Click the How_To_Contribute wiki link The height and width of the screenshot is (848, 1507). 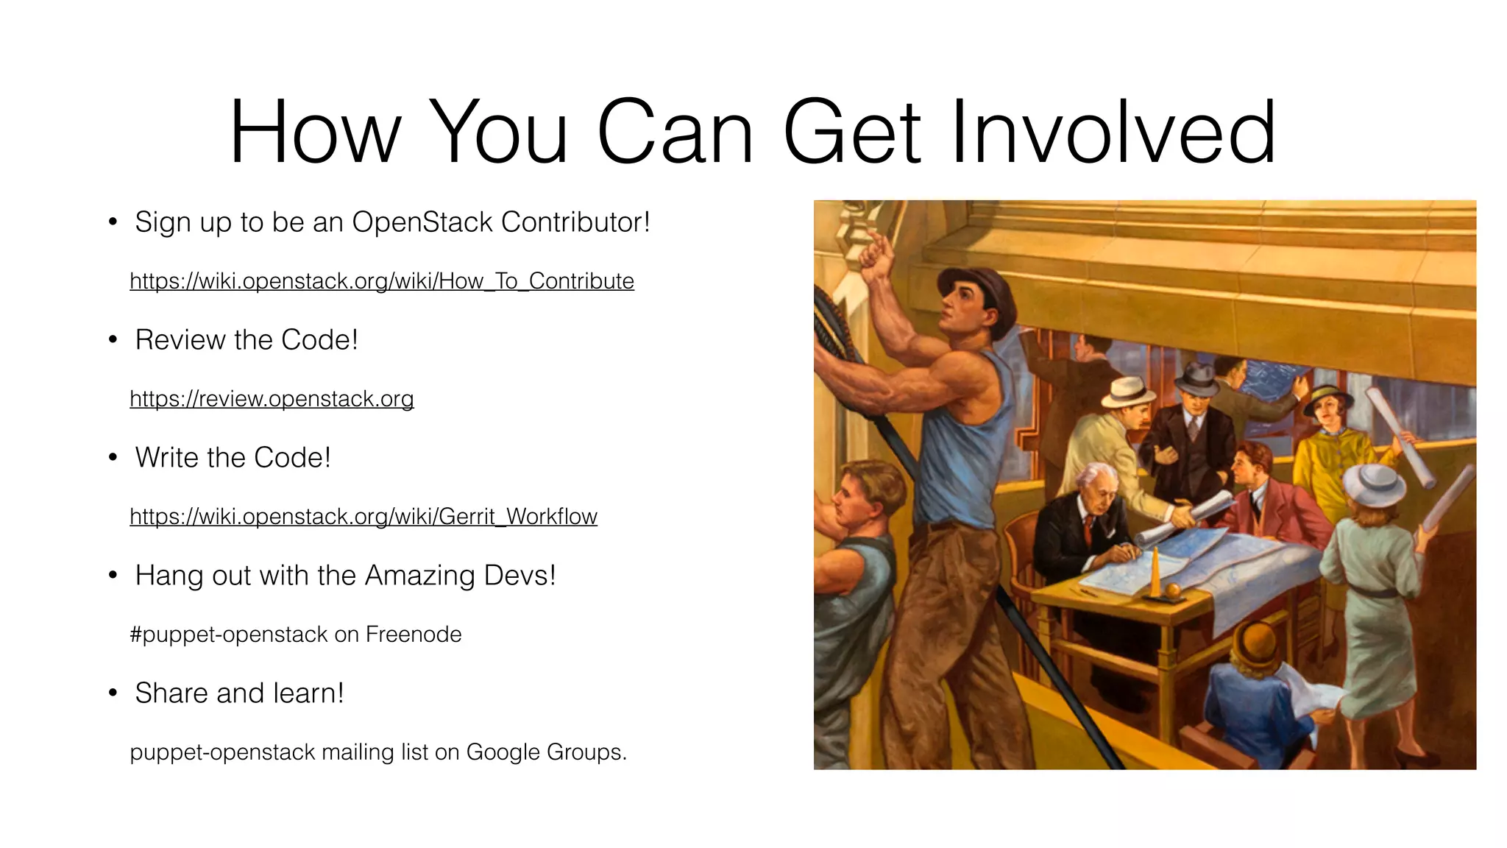coord(382,281)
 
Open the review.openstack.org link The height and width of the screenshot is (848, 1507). coord(272,399)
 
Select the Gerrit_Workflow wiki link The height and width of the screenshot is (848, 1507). coord(364,517)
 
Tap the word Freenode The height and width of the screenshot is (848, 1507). coord(414,635)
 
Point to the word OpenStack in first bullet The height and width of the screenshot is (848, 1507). coord(422,222)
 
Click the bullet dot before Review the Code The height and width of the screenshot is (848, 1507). coord(113,340)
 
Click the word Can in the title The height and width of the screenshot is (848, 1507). coord(676,133)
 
